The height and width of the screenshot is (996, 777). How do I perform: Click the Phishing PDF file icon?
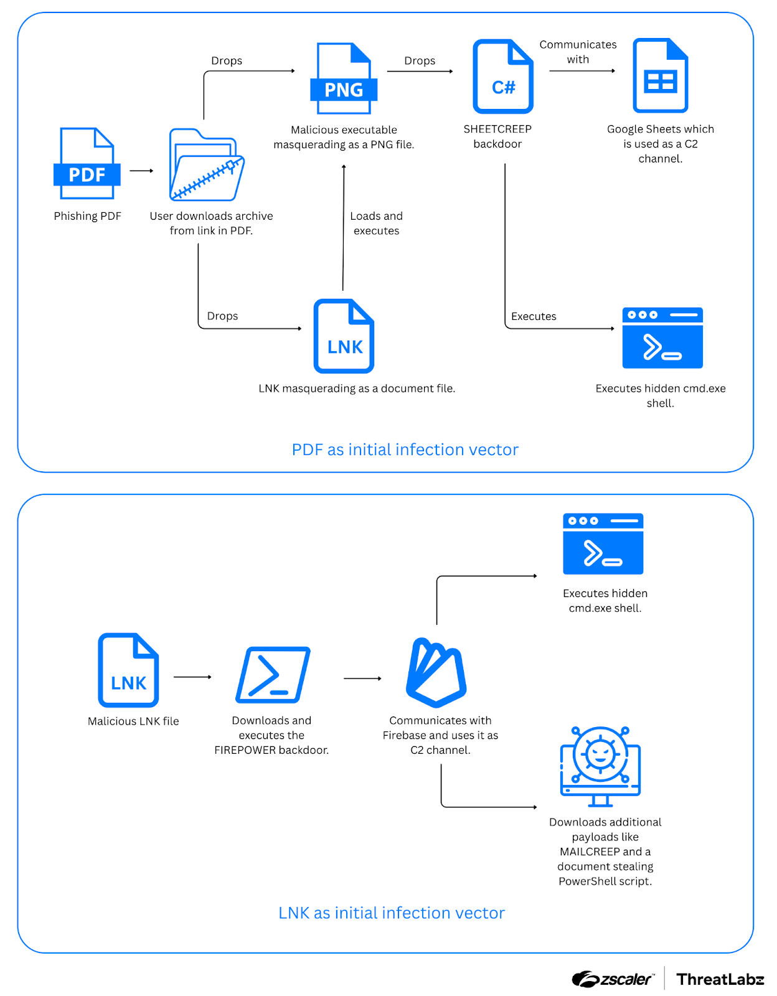(87, 164)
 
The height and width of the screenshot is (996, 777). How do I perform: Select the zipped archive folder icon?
(207, 165)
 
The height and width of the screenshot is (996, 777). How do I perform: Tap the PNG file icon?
(344, 78)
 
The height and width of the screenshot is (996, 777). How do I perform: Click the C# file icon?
(503, 77)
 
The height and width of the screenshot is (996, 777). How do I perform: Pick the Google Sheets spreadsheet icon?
(660, 75)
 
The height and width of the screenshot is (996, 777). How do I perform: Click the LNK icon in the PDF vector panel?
(344, 336)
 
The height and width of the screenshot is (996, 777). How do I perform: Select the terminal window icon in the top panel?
(662, 337)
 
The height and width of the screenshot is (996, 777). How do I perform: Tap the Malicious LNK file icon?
(128, 670)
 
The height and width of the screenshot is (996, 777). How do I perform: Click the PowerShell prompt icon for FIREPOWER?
(273, 675)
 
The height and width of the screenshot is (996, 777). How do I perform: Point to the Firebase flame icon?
(436, 672)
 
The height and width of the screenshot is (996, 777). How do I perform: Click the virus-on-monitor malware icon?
(600, 766)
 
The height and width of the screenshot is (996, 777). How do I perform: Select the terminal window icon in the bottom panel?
(603, 543)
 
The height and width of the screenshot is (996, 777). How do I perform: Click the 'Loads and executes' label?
(376, 223)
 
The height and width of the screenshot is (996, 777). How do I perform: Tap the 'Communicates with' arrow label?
(578, 52)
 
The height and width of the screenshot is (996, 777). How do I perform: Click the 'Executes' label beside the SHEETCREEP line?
(534, 316)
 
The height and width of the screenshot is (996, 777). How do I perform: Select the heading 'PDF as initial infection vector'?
(405, 449)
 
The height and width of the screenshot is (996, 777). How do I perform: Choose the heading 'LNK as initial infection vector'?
(391, 913)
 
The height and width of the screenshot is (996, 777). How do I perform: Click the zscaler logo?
(613, 979)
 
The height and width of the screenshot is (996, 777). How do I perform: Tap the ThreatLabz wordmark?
(720, 979)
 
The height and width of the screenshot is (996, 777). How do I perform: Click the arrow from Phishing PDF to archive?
(141, 171)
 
